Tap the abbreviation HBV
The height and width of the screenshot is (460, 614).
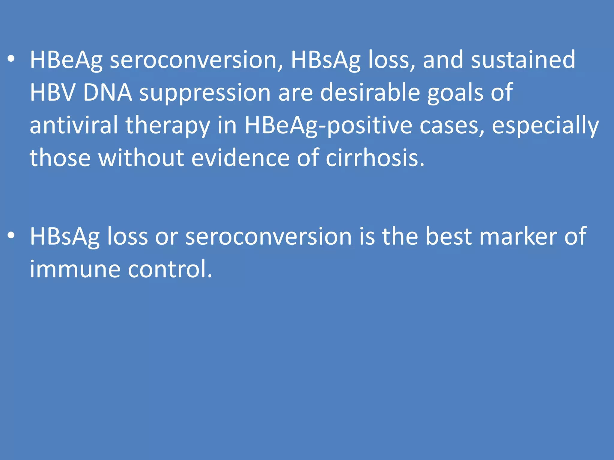coord(52,93)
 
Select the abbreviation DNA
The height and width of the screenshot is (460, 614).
coord(108,93)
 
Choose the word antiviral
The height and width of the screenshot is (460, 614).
coord(74,125)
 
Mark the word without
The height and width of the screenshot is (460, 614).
coord(141,158)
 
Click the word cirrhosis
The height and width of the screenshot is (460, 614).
coord(375,158)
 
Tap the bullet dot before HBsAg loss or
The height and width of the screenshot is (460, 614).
coord(11,236)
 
